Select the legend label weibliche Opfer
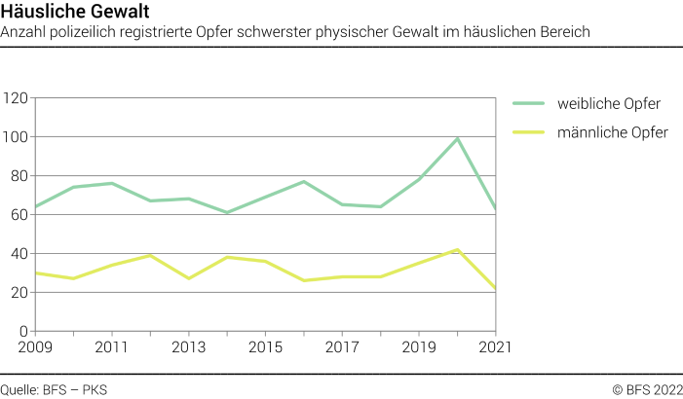click(x=609, y=103)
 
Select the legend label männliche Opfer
click(x=612, y=132)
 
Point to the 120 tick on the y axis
click(x=16, y=98)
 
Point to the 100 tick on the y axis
click(x=16, y=137)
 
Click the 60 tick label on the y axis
click(x=19, y=215)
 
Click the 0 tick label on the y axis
click(x=23, y=331)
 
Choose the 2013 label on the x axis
click(x=187, y=346)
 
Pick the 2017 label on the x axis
click(x=341, y=346)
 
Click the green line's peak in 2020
click(x=457, y=138)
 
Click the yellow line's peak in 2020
click(x=457, y=249)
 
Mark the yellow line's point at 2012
click(x=150, y=255)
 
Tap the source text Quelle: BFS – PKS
click(x=54, y=389)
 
